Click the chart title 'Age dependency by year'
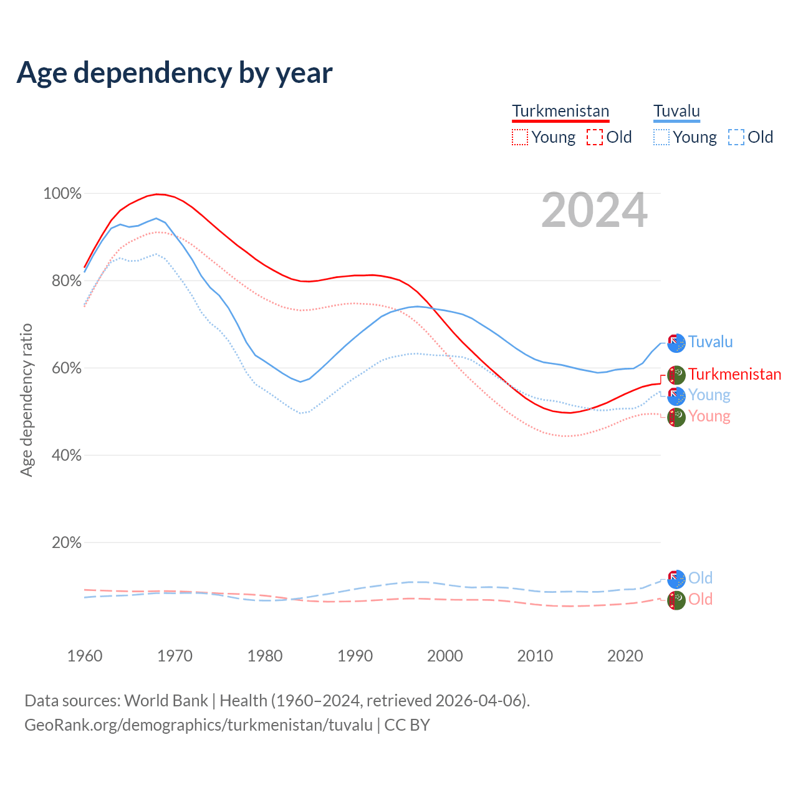(175, 73)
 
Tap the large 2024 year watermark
(594, 211)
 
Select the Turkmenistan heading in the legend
(560, 112)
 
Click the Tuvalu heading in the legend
(676, 112)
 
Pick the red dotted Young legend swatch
(519, 137)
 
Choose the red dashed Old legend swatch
(595, 137)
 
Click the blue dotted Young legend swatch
(661, 137)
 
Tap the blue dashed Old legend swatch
(736, 137)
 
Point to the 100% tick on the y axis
(62, 194)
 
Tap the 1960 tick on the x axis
(85, 656)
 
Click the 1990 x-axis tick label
(355, 656)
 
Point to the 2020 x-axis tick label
(625, 656)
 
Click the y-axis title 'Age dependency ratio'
(26, 400)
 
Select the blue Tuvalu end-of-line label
(710, 342)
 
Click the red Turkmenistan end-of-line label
(734, 375)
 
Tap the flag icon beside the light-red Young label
(676, 417)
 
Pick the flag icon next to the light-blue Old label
(676, 579)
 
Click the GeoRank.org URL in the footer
(198, 725)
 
